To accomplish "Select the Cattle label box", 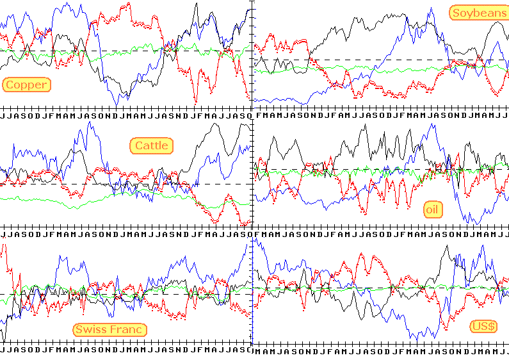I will pos(152,145).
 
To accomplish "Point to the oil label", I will pos(433,209).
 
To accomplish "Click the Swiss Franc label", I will pos(110,329).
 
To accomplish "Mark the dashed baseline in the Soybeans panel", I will pos(384,59).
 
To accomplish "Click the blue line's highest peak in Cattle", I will pos(87,122).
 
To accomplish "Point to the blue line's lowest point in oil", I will pos(476,223).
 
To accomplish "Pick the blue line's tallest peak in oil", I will pos(433,124).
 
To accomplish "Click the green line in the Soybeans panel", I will pos(384,69).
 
